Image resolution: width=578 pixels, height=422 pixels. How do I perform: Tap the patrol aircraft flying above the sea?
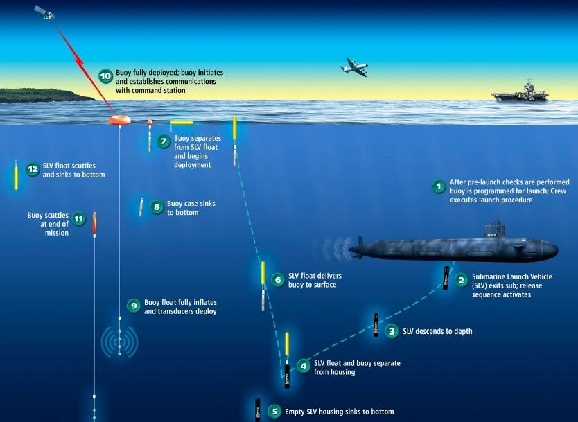tap(353, 67)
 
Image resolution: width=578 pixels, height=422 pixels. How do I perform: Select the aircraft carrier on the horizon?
tap(520, 91)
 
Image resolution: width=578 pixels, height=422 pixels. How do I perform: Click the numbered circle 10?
tap(105, 76)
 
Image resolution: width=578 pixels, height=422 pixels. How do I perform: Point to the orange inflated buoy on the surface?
tap(119, 120)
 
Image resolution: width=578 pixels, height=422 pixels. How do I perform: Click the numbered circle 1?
tap(438, 186)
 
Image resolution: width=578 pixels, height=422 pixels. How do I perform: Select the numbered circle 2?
tap(461, 281)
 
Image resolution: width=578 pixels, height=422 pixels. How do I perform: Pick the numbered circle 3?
tap(392, 331)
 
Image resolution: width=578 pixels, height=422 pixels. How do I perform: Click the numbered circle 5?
tap(274, 412)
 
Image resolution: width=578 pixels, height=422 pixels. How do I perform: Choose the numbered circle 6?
tap(278, 280)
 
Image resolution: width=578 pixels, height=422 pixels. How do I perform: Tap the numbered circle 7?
tap(164, 141)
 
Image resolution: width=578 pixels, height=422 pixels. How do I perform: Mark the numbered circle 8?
tap(157, 206)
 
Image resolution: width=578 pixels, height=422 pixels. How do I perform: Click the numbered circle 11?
tap(79, 218)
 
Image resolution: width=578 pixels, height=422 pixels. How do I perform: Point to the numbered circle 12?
tap(32, 169)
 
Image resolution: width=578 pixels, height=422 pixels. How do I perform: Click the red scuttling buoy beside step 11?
tap(94, 225)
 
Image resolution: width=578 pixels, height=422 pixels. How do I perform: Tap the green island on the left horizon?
tap(42, 95)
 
